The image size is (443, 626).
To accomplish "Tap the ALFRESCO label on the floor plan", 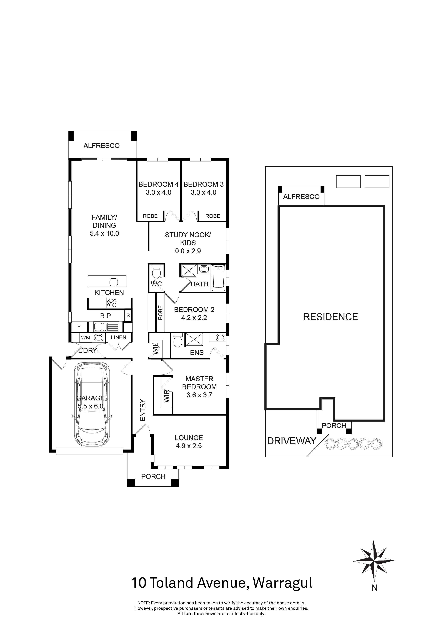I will [x=101, y=146].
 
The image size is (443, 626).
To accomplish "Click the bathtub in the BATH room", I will [x=219, y=277].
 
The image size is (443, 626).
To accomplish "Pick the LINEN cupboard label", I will [x=118, y=337].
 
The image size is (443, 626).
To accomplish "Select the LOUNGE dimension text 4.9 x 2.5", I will [x=189, y=446].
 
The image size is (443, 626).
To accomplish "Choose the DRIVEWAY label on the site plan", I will [x=291, y=441].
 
